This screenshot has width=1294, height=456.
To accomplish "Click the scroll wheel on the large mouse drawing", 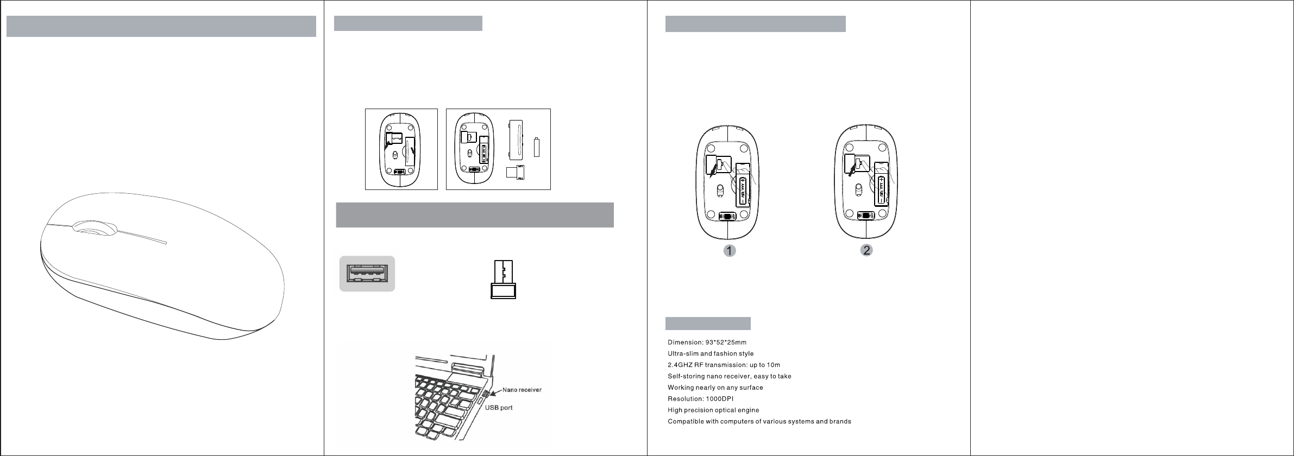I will pyautogui.click(x=96, y=229).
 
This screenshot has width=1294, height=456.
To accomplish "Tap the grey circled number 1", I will pyautogui.click(x=729, y=251).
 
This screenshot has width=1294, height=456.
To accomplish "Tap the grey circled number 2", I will pyautogui.click(x=866, y=250).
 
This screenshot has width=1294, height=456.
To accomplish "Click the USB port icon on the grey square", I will pyautogui.click(x=367, y=274).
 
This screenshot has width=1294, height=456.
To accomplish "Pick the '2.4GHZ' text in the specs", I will pyautogui.click(x=680, y=365).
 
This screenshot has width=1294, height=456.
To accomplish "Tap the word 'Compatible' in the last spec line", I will pyautogui.click(x=686, y=422).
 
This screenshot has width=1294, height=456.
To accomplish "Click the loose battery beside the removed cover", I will pyautogui.click(x=537, y=147).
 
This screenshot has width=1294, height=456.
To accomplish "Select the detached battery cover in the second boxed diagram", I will pyautogui.click(x=517, y=138).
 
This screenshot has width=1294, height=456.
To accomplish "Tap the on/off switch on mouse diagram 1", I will pyautogui.click(x=727, y=216).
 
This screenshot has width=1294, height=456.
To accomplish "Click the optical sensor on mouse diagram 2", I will pyautogui.click(x=859, y=189).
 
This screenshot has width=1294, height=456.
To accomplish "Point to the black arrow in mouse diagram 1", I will pyautogui.click(x=713, y=173).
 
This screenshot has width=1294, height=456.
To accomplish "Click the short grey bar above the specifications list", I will pyautogui.click(x=708, y=324).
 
